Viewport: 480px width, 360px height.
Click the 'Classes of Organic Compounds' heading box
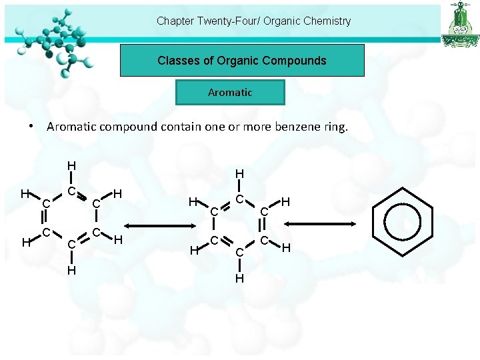click(242, 61)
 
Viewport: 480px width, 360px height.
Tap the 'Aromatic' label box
click(230, 93)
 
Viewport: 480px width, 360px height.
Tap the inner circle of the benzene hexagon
click(405, 220)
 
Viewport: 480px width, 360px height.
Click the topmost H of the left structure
click(71, 166)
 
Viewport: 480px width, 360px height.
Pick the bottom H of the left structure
click(71, 270)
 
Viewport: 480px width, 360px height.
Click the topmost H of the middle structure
click(239, 174)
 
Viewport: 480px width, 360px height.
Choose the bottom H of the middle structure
click(239, 278)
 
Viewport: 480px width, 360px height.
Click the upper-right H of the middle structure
click(285, 201)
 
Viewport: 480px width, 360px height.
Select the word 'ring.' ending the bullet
click(334, 126)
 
